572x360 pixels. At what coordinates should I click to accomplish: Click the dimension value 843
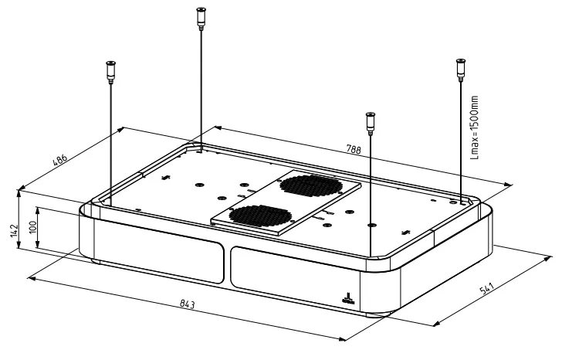pyautogui.click(x=188, y=304)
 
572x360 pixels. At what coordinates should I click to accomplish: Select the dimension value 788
pyautogui.click(x=353, y=149)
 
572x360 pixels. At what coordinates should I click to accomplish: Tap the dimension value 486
pyautogui.click(x=60, y=160)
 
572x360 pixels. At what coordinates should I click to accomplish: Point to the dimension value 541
pyautogui.click(x=486, y=288)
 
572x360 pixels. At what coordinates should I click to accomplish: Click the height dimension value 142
pyautogui.click(x=14, y=231)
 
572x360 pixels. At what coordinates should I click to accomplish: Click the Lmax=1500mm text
pyautogui.click(x=474, y=127)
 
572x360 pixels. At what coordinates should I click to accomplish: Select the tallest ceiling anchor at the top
pyautogui.click(x=201, y=17)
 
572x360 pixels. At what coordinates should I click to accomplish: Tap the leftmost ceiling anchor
pyautogui.click(x=110, y=71)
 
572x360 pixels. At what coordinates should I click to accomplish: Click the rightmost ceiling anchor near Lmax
pyautogui.click(x=461, y=68)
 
